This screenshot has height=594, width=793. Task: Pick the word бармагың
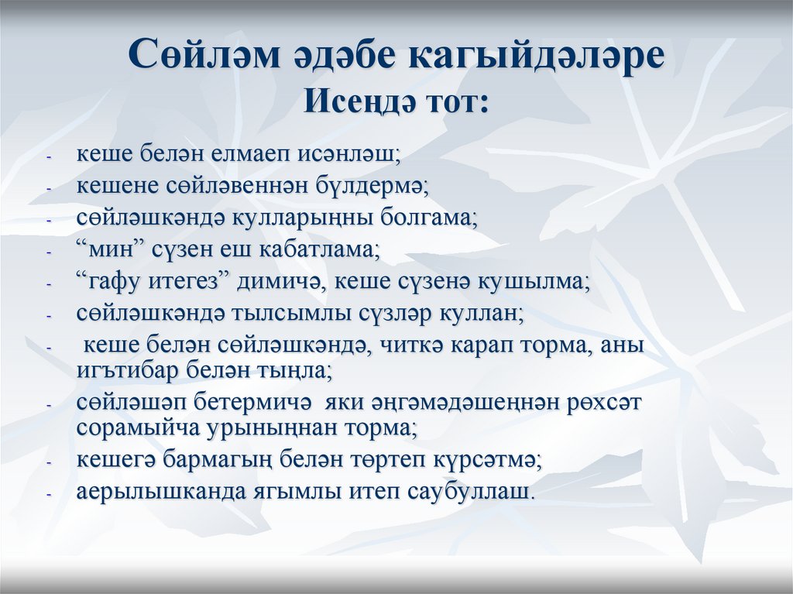pyautogui.click(x=221, y=460)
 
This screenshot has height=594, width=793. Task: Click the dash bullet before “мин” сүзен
pyautogui.click(x=49, y=253)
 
